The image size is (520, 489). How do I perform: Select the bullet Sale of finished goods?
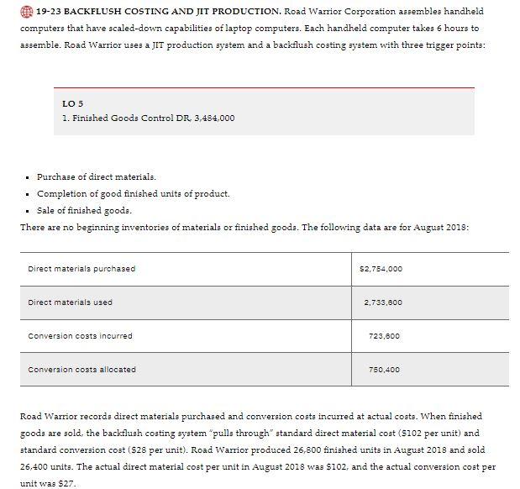click(x=84, y=210)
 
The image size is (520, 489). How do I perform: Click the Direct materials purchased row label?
click(x=81, y=268)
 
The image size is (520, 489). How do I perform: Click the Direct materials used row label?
click(x=71, y=302)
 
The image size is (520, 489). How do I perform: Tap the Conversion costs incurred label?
click(x=81, y=335)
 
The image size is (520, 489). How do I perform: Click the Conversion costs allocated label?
click(x=82, y=369)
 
